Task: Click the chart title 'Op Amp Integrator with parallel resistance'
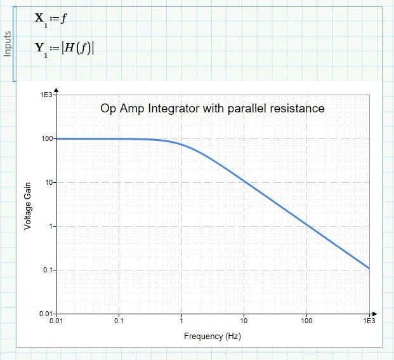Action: [x=213, y=109]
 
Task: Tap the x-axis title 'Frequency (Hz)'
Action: [x=213, y=335]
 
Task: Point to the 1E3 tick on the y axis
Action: [x=46, y=95]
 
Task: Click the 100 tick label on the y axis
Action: [x=46, y=138]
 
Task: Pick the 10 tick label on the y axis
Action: [x=48, y=182]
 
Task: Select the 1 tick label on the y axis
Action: [x=50, y=226]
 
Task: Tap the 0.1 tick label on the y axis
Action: [x=47, y=270]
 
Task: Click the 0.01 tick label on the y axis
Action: [x=45, y=314]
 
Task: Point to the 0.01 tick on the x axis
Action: [x=56, y=322]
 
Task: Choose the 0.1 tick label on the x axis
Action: [x=119, y=322]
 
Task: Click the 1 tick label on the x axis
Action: [x=181, y=322]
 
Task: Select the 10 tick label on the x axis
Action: [x=244, y=322]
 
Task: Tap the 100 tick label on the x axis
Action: [x=306, y=322]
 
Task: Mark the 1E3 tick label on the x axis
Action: [x=369, y=322]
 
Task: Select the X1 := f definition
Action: [x=51, y=19]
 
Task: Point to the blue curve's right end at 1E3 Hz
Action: [x=369, y=268]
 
